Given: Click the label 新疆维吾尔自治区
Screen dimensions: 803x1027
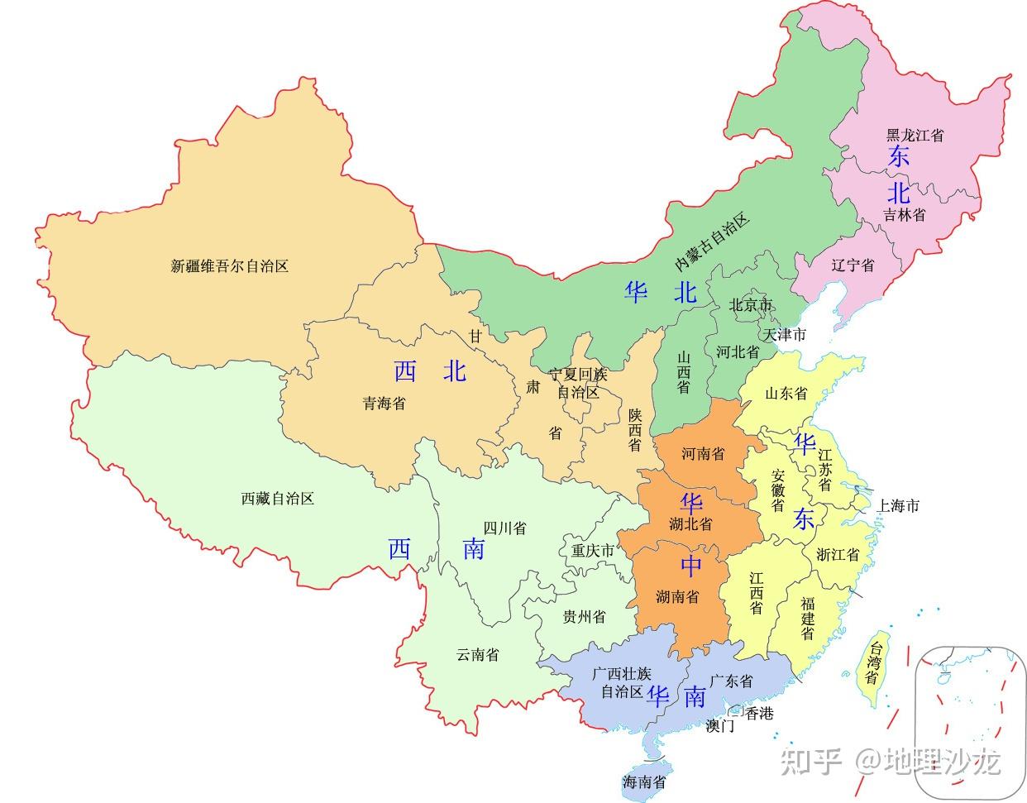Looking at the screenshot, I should [229, 266].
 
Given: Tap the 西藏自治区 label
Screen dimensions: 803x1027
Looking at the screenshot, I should [278, 499].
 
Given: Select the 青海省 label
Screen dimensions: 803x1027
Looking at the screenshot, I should [384, 404].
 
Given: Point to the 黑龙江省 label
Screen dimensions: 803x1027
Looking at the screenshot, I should [915, 135].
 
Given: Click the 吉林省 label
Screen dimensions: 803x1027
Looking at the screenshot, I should [904, 214].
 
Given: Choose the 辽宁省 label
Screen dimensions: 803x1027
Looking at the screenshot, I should [853, 265].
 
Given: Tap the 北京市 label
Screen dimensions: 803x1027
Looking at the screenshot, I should [750, 305].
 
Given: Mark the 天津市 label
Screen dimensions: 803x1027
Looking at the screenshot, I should [784, 335].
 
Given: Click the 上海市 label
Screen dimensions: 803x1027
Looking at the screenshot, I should [898, 505].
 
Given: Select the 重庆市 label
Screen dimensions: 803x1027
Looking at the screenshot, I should [593, 550].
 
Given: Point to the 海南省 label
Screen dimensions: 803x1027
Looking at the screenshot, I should [644, 781].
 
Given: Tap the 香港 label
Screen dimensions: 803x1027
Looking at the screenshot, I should [758, 713].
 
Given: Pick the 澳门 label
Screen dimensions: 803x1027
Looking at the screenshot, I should [719, 726].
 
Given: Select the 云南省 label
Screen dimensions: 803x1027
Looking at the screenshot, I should [477, 655].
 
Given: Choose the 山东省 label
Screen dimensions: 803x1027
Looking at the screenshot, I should [786, 394].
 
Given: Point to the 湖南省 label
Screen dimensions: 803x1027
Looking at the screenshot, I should [676, 596].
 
